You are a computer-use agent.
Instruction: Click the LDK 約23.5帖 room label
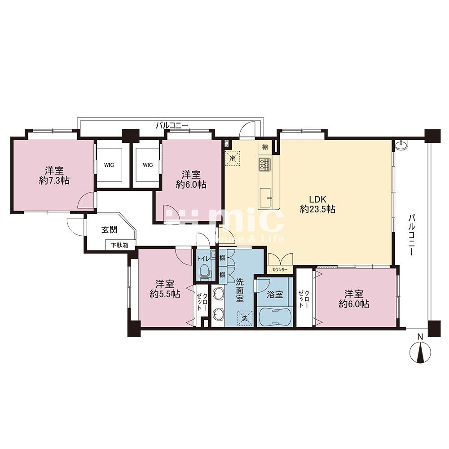pos(317,204)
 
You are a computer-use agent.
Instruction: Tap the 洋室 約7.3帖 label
pos(54,176)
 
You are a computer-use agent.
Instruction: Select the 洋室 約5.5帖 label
pos(165,289)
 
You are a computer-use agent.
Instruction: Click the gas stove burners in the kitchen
pos(264,164)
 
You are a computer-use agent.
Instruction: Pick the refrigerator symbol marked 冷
pos(233,158)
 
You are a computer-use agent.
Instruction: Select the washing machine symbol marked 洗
pos(245,318)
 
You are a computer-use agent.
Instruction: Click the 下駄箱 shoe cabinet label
pos(119,245)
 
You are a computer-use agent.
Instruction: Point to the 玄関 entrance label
pos(110,229)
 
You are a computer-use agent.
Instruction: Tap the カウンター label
pos(280,269)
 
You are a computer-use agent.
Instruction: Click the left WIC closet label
pos(109,165)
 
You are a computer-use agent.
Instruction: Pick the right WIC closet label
pos(148,165)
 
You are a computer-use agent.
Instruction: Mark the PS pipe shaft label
pos(227,143)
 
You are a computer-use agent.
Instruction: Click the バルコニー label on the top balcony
pos(172,125)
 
